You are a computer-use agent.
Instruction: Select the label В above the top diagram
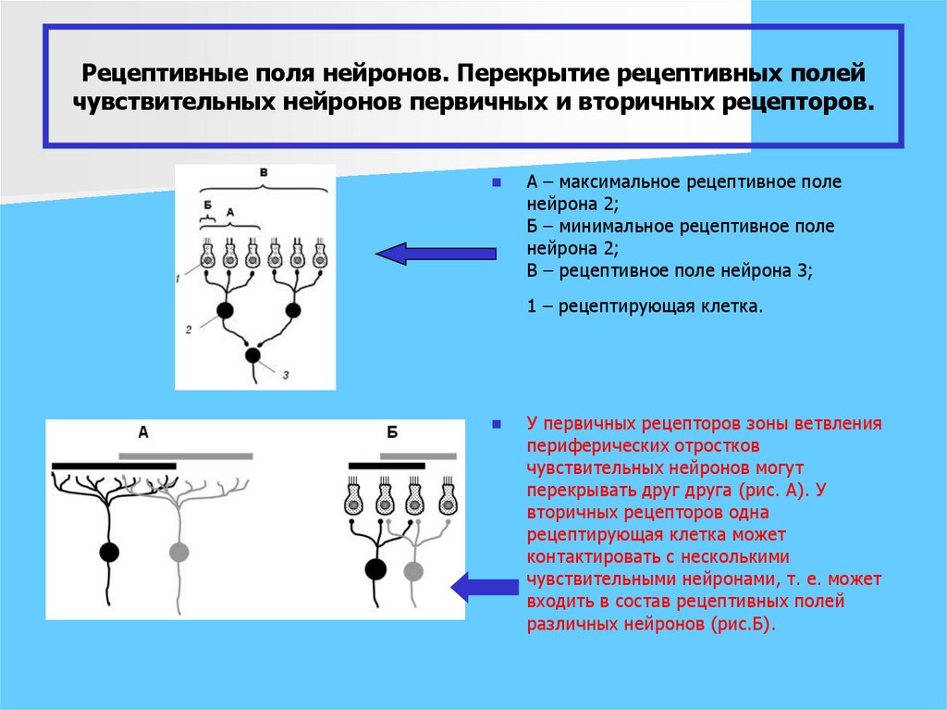[x=264, y=173]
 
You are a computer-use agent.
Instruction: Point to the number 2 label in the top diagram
[x=188, y=329]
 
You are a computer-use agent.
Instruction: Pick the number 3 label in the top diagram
[x=286, y=375]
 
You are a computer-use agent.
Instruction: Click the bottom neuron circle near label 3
[x=252, y=355]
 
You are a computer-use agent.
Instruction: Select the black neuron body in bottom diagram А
[x=109, y=553]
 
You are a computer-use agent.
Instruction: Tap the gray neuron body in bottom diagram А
[x=178, y=553]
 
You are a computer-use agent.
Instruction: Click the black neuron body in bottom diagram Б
[x=375, y=568]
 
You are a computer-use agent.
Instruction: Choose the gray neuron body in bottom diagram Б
[x=413, y=571]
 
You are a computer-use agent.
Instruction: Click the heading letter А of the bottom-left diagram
[x=143, y=431]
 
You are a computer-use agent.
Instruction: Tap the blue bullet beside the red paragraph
[x=497, y=424]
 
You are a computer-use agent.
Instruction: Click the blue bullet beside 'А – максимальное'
[x=497, y=182]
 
